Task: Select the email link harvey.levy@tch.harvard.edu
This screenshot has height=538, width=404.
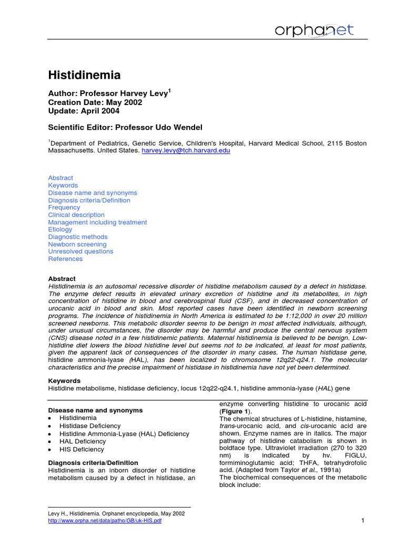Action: [x=186, y=150]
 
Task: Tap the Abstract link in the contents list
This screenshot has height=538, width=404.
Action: [x=60, y=178]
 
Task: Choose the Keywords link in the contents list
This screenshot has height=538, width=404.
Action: [x=63, y=185]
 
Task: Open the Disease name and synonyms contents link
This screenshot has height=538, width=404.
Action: [x=93, y=193]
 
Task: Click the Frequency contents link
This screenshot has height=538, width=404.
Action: [x=64, y=208]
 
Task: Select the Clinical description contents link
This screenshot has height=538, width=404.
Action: [x=76, y=215]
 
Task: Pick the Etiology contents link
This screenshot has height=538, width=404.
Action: [x=60, y=230]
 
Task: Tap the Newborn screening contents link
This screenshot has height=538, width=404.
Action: [x=77, y=244]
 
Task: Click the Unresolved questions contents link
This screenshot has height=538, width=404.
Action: [x=80, y=251]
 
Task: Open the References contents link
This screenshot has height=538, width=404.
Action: [x=65, y=258]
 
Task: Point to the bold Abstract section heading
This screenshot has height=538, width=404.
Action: [x=62, y=278]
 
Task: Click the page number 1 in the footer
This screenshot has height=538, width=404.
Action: [x=363, y=520]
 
